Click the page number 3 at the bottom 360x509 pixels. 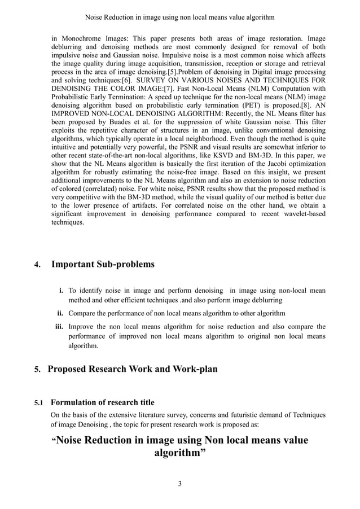click(x=179, y=483)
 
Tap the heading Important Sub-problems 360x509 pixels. click(x=103, y=264)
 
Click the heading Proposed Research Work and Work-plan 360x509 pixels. click(x=133, y=370)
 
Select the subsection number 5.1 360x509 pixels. click(x=39, y=403)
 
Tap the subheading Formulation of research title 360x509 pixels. click(x=102, y=402)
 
